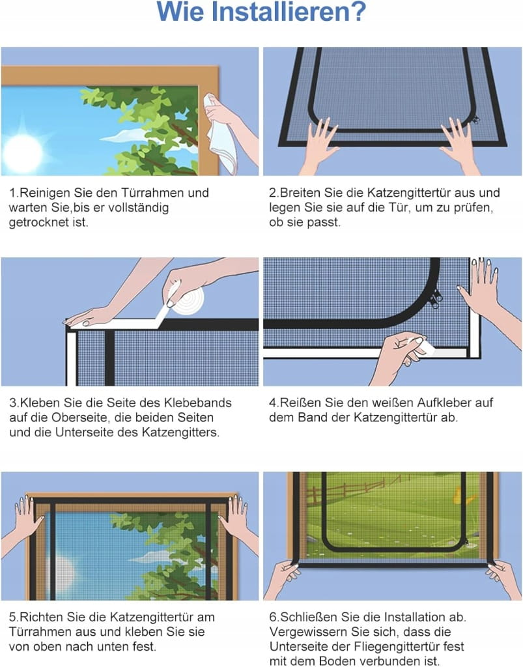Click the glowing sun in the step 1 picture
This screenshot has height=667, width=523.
click(23, 152)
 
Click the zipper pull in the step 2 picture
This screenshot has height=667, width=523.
click(475, 120)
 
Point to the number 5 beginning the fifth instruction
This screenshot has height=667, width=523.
click(12, 617)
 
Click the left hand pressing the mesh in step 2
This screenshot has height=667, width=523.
click(320, 145)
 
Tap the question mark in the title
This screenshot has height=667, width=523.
click(358, 12)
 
